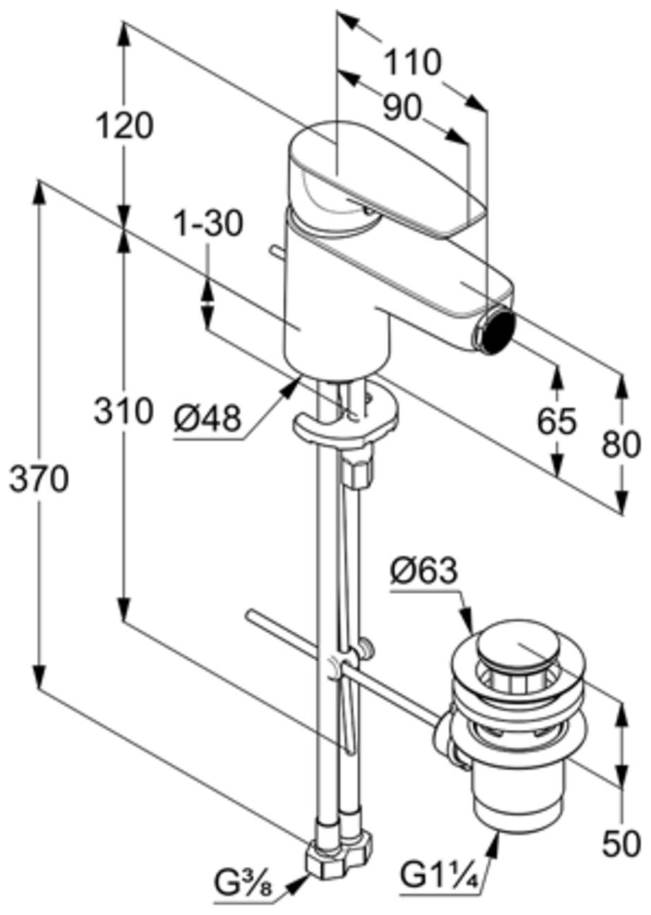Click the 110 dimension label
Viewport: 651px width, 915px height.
coord(413,62)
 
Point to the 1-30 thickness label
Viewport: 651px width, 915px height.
coord(209,224)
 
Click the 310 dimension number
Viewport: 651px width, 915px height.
coord(123,411)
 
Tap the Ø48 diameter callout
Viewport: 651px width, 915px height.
coord(207,419)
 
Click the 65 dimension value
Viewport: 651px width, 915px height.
coord(557,421)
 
